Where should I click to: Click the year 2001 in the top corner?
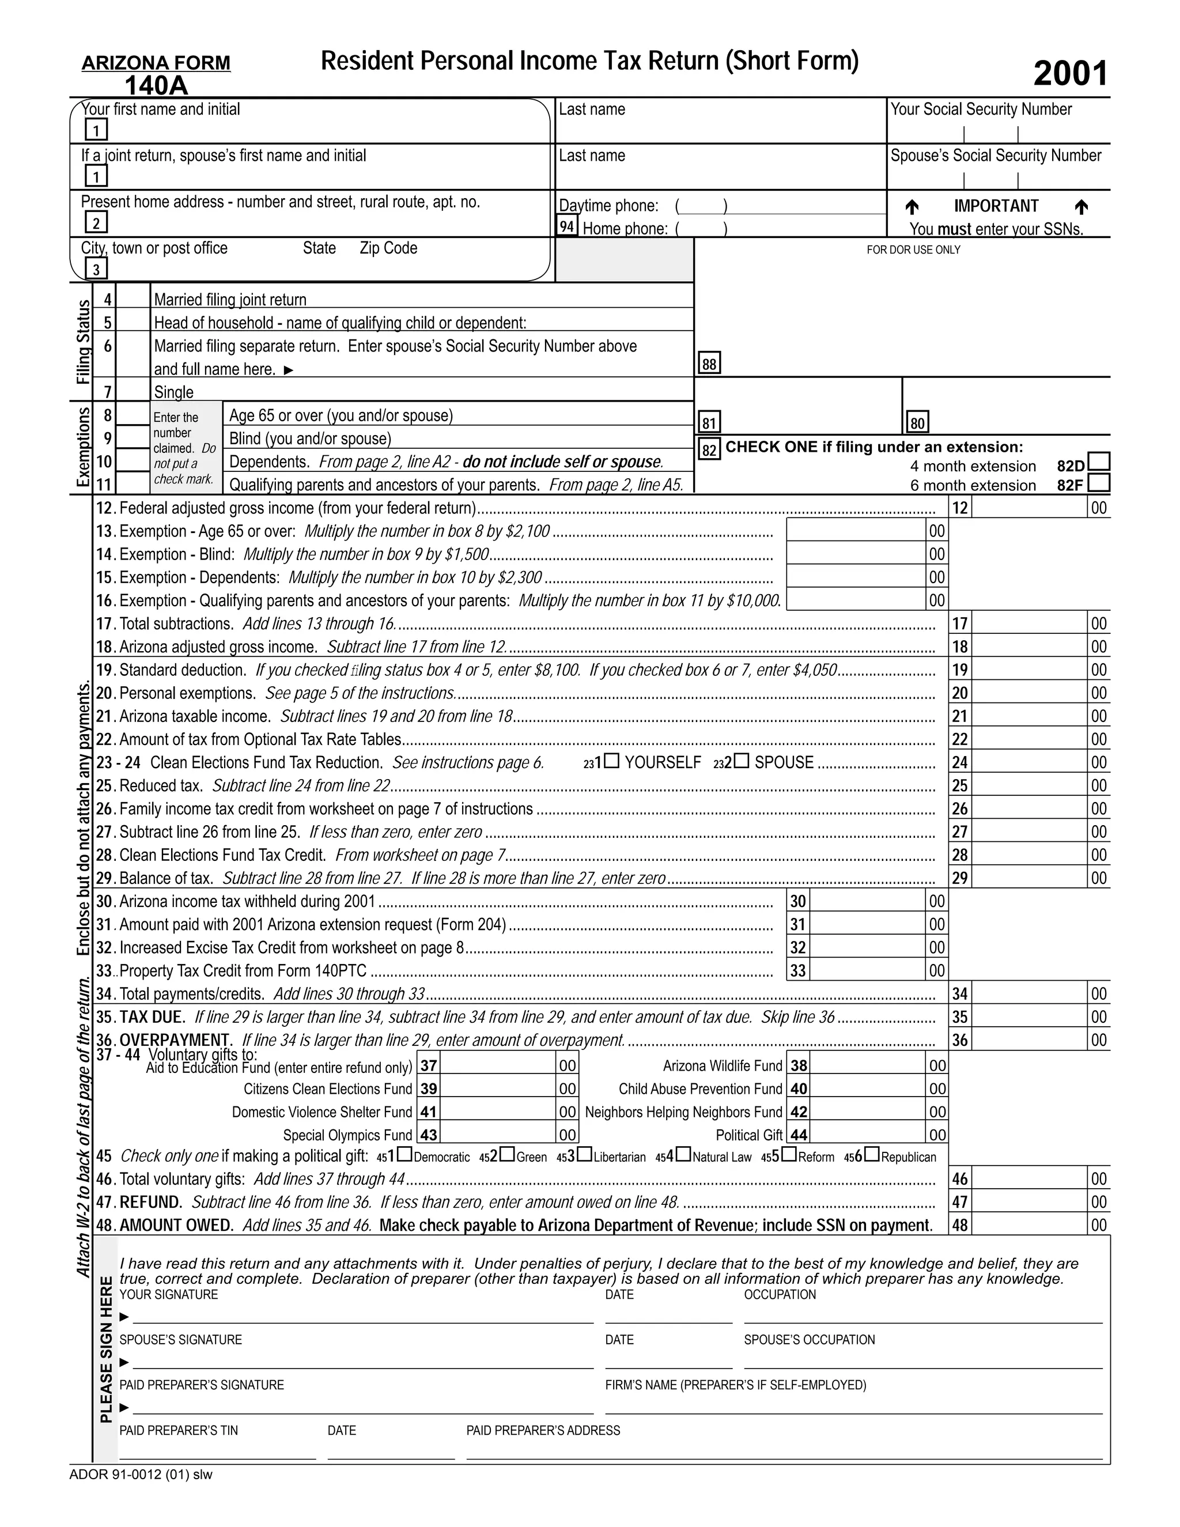point(1071,73)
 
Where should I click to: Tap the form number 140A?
point(156,85)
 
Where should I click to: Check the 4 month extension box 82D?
point(1099,462)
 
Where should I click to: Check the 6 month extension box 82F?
point(1099,482)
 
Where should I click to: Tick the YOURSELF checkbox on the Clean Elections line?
point(612,761)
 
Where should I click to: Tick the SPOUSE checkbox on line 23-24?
point(742,761)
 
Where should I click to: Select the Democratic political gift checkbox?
point(404,1154)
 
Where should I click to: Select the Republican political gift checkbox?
point(872,1154)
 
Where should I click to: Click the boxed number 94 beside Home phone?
point(567,226)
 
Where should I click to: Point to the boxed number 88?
point(709,364)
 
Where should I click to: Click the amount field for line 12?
point(1029,508)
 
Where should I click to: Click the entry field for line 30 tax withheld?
point(867,901)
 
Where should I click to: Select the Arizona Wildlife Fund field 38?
point(867,1065)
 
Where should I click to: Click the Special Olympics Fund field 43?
point(497,1134)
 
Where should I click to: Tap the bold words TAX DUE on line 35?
point(152,1016)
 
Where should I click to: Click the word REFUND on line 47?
point(150,1202)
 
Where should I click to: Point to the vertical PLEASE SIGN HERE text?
point(106,1350)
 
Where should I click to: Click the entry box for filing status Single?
point(133,390)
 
